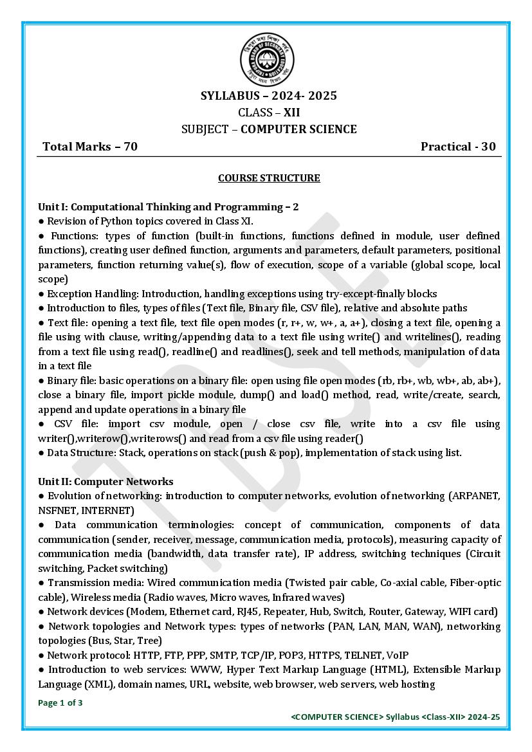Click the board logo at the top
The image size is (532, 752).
pyautogui.click(x=268, y=59)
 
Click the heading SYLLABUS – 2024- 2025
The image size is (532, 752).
pyautogui.click(x=268, y=96)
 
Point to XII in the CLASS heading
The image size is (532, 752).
pyautogui.click(x=292, y=113)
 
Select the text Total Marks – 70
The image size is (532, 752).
pyautogui.click(x=90, y=147)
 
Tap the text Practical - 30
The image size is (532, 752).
pyautogui.click(x=458, y=147)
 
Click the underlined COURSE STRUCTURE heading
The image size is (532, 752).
pyautogui.click(x=269, y=178)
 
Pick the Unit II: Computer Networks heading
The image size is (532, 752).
pyautogui.click(x=105, y=481)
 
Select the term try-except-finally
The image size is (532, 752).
pyautogui.click(x=369, y=293)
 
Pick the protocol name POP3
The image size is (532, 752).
pyautogui.click(x=286, y=656)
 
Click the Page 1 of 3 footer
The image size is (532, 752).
pyautogui.click(x=60, y=703)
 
